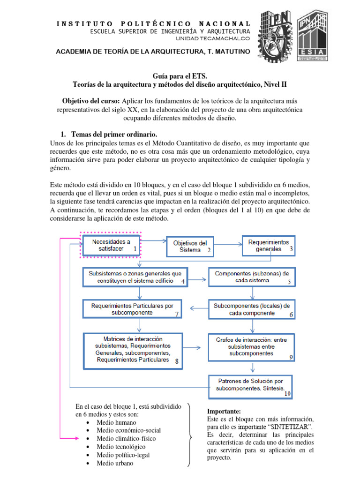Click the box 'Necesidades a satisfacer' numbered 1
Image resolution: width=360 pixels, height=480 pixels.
(x=111, y=245)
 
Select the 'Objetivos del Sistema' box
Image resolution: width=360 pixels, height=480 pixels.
(x=190, y=247)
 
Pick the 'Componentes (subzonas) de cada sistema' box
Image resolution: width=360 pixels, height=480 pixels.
(x=252, y=277)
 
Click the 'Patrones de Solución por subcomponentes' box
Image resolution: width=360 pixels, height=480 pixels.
(x=250, y=385)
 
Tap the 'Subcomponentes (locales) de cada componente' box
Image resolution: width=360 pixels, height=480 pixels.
(x=252, y=309)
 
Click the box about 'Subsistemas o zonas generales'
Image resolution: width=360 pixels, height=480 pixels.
(x=135, y=277)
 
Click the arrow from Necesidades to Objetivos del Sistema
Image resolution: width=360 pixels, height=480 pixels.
(x=154, y=241)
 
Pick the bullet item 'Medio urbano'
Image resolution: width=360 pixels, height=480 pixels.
(x=115, y=463)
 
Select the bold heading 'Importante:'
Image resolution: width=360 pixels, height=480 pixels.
(x=224, y=411)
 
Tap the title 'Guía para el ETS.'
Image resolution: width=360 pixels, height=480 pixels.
(x=180, y=75)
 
